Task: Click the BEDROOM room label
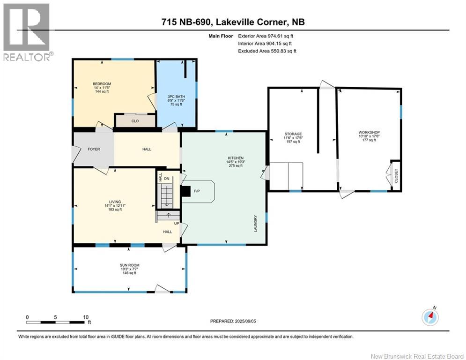[102, 84]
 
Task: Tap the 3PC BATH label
[176, 97]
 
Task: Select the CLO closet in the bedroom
[135, 121]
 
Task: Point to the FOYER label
[94, 149]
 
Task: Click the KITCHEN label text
[236, 158]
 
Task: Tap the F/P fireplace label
[197, 191]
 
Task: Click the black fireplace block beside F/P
[186, 191]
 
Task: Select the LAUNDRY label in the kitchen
[255, 224]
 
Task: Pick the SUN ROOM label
[130, 265]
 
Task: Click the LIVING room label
[115, 202]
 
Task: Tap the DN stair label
[166, 179]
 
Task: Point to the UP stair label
[177, 224]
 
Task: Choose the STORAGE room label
[293, 134]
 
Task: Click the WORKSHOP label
[369, 132]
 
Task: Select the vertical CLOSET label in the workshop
[396, 176]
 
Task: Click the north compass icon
[430, 317]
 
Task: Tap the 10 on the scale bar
[86, 317]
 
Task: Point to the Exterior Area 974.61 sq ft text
[266, 36]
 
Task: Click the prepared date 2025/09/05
[245, 321]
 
